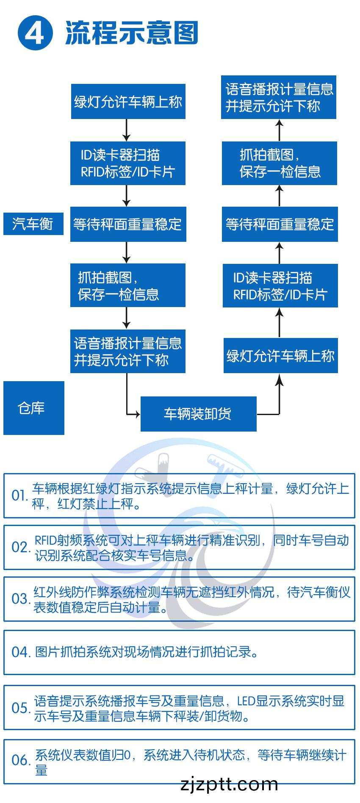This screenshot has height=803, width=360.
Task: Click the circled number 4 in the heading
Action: point(35,33)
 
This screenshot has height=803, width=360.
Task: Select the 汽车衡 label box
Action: point(33,223)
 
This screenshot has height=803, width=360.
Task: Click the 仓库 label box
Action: point(33,408)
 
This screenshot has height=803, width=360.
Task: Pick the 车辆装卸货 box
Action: point(198,414)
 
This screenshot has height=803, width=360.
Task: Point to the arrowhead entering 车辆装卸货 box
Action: point(137,414)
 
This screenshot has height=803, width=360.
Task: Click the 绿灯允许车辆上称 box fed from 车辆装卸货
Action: point(280,355)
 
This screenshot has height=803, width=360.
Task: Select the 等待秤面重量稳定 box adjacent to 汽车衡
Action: point(128,224)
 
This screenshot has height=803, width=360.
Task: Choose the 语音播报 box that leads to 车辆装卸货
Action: point(127,351)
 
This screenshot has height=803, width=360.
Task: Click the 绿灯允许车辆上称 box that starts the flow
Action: point(128,102)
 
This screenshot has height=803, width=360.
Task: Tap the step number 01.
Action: point(19,496)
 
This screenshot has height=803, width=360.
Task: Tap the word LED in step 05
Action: point(246,701)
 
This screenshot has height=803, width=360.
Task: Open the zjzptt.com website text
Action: point(229,784)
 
